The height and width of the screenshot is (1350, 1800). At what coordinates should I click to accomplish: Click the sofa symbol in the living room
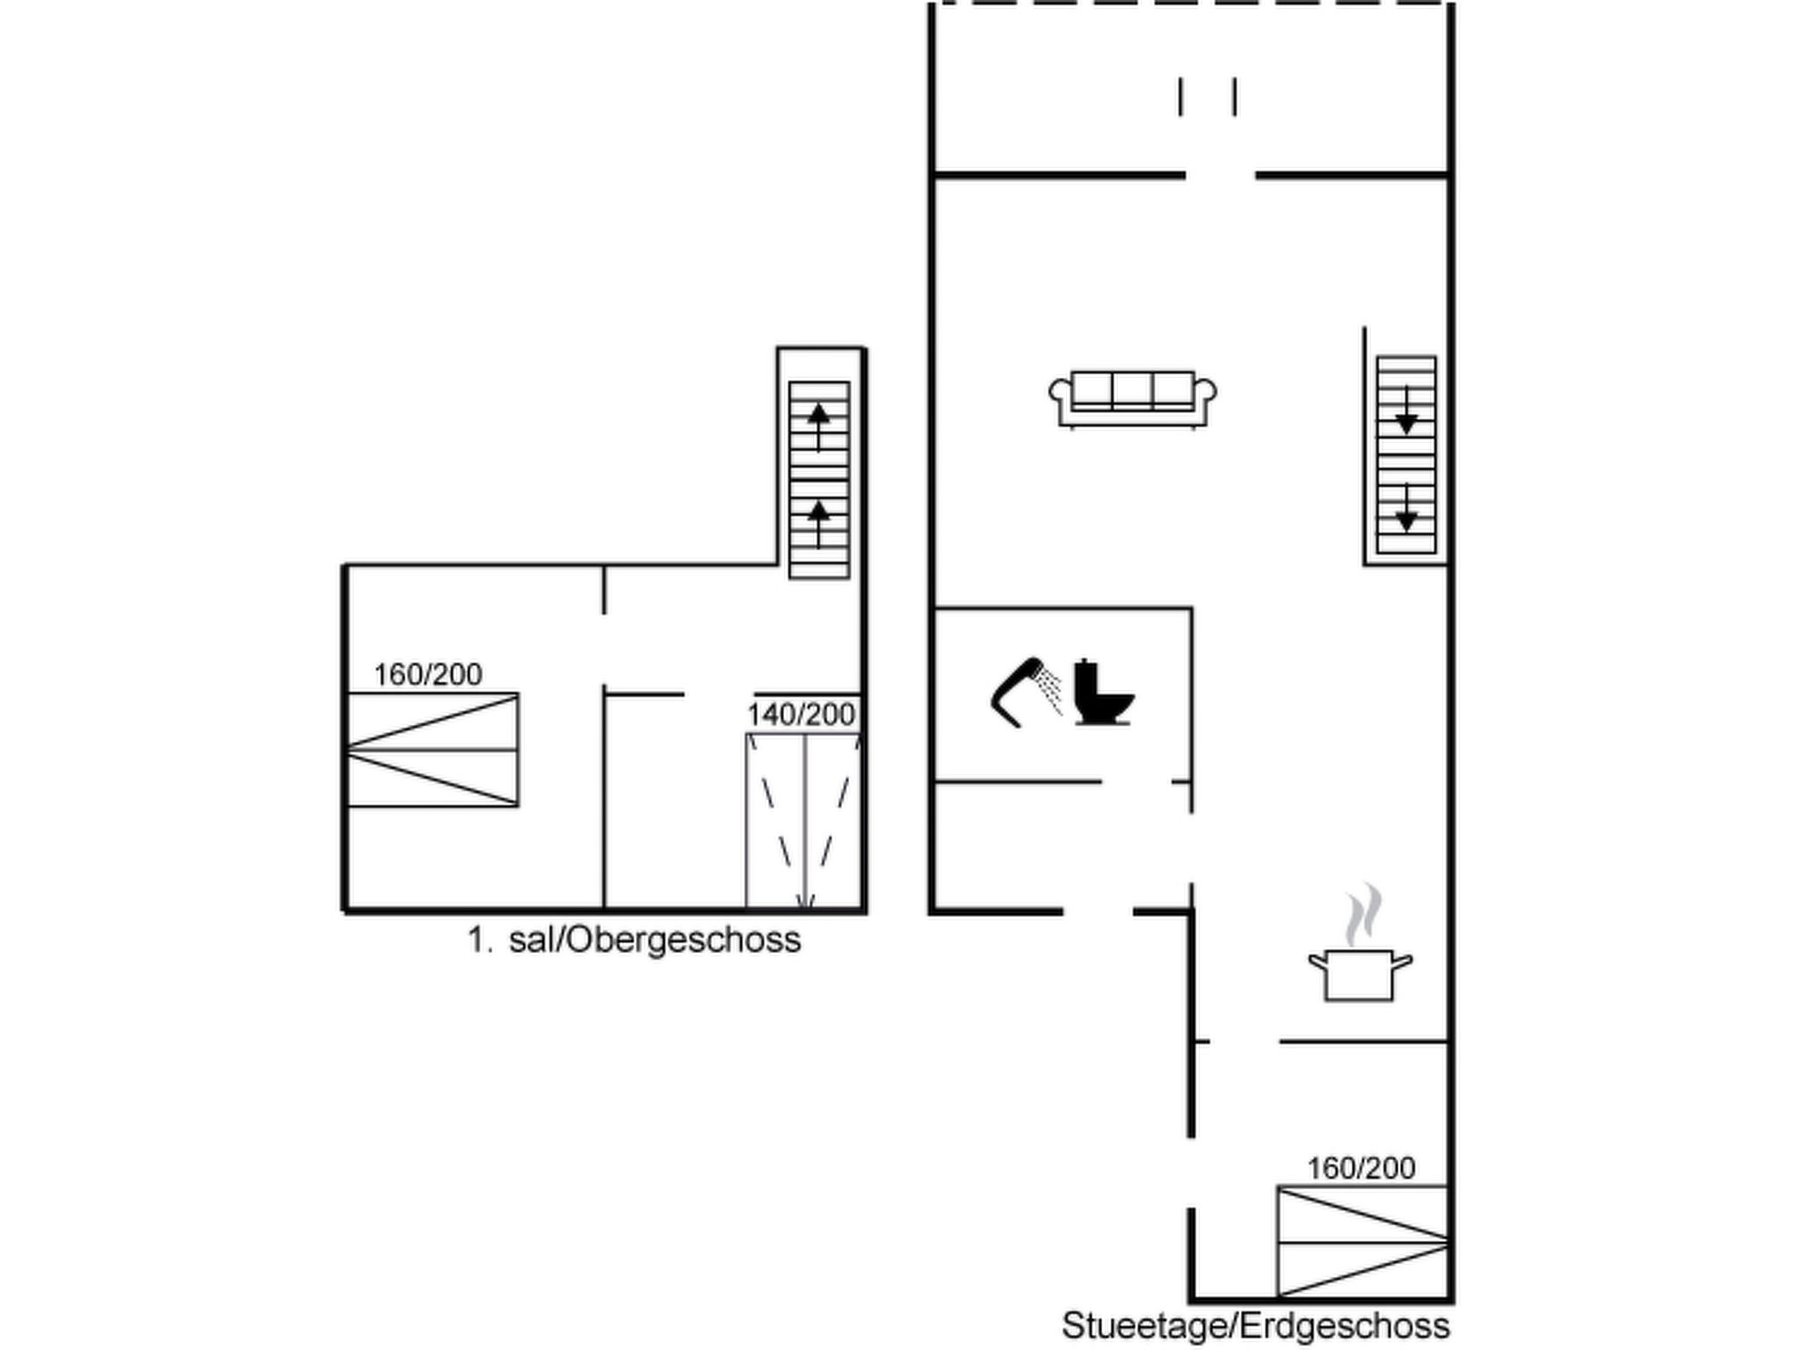pyautogui.click(x=1132, y=400)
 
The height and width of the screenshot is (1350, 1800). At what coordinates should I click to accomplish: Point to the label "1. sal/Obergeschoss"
pyautogui.click(x=634, y=940)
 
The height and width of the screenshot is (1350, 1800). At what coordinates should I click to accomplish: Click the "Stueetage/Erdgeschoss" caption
pyautogui.click(x=1256, y=1325)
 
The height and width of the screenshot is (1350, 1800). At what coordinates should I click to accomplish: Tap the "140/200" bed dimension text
pyautogui.click(x=801, y=715)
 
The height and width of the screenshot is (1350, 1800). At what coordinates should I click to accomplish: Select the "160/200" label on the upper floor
pyautogui.click(x=428, y=674)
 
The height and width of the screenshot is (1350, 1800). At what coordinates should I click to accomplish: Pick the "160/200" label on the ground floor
pyautogui.click(x=1361, y=1168)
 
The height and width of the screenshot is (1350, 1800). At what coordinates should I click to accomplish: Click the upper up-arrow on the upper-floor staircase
pyautogui.click(x=819, y=426)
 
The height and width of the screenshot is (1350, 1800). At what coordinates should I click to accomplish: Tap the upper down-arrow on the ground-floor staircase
pyautogui.click(x=1406, y=410)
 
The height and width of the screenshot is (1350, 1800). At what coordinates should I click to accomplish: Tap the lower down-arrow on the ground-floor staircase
pyautogui.click(x=1406, y=508)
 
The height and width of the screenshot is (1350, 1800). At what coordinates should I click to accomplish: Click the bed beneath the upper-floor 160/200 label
pyautogui.click(x=432, y=750)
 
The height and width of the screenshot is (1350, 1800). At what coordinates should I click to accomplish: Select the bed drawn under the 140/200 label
pyautogui.click(x=804, y=821)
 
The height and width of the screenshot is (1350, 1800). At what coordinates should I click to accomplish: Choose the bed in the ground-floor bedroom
pyautogui.click(x=1362, y=1241)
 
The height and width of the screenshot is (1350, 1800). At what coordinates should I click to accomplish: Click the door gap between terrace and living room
pyautogui.click(x=1220, y=176)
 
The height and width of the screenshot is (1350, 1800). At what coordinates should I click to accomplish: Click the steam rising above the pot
pyautogui.click(x=1362, y=914)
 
